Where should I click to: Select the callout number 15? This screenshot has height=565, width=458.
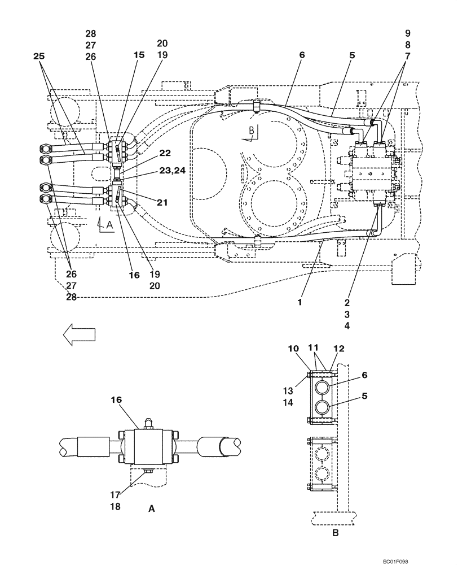click(x=139, y=55)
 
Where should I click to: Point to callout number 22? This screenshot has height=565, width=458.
click(x=165, y=153)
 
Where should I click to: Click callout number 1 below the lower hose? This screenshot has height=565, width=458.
click(x=301, y=302)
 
